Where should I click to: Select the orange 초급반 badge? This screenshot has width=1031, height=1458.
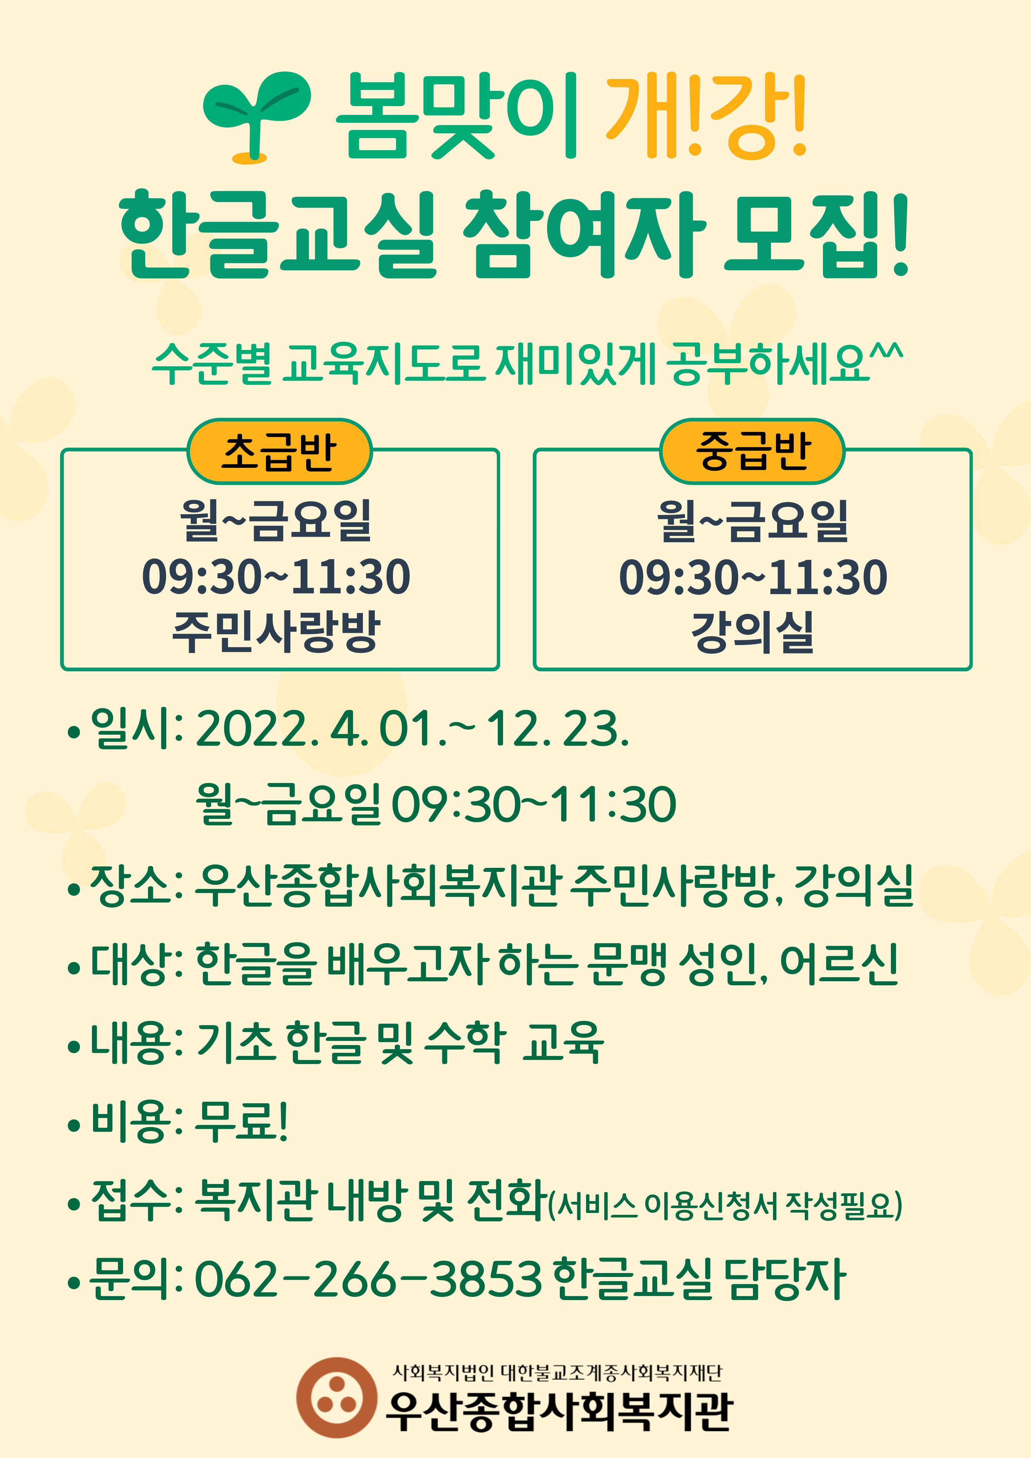click(x=279, y=451)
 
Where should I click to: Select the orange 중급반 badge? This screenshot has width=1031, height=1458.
click(x=752, y=451)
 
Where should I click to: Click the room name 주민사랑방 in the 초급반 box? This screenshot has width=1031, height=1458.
click(x=276, y=632)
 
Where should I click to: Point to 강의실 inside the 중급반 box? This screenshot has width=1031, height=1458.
click(x=753, y=632)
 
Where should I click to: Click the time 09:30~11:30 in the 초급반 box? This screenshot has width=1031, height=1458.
click(x=276, y=577)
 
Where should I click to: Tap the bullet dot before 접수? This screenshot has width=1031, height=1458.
click(x=74, y=1204)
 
